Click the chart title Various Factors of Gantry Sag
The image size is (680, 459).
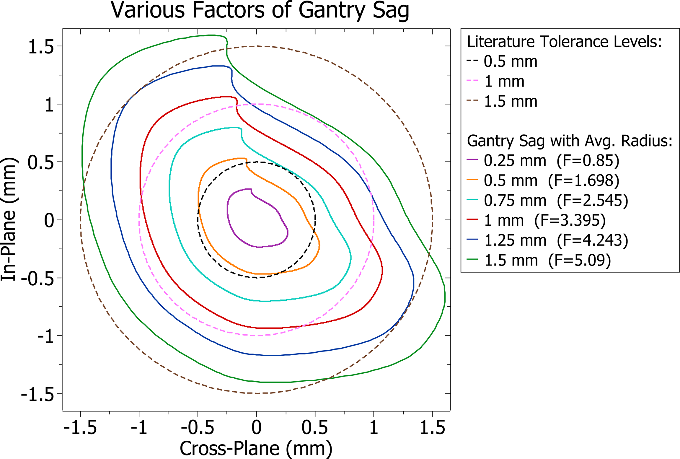[260, 11]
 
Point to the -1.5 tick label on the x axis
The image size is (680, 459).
[80, 427]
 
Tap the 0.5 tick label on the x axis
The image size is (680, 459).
[314, 427]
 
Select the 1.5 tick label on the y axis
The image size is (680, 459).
[41, 47]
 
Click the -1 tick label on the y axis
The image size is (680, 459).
[46, 336]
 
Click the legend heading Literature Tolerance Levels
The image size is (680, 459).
[564, 42]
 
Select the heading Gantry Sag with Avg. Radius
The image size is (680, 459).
[570, 141]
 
